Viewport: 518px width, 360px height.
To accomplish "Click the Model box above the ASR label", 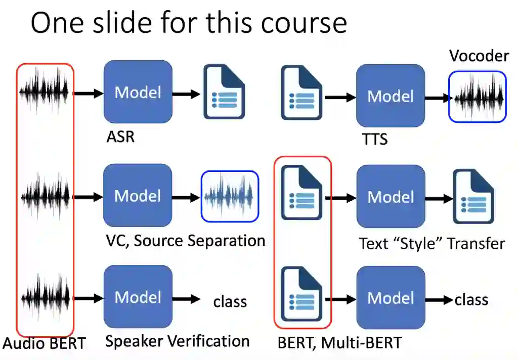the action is [x=138, y=92].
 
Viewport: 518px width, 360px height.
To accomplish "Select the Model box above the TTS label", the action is [x=390, y=96].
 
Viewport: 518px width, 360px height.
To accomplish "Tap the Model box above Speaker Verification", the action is [x=138, y=297].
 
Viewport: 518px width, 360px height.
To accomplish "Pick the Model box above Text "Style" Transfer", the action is [x=390, y=196].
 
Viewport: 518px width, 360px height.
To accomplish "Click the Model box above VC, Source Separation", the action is [x=138, y=195].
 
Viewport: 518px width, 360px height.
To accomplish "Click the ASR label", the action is [x=120, y=137].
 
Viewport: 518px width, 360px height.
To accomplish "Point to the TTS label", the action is [x=375, y=139].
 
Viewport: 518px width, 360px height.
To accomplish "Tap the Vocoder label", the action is [x=479, y=55].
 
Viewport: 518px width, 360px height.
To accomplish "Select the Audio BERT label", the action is [x=44, y=343].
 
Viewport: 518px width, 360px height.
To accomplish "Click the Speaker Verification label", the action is [x=177, y=341].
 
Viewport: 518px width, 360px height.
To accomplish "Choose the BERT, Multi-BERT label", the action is [x=339, y=343].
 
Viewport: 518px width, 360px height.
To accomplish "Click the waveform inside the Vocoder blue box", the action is [x=477, y=97].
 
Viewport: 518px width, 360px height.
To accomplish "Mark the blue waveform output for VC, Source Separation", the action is [x=230, y=197].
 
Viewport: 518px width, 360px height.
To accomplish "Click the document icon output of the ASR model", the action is [x=224, y=92].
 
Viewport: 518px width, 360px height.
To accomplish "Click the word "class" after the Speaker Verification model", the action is [x=230, y=302].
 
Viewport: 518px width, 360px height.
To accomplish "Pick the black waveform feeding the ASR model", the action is [x=44, y=92].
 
